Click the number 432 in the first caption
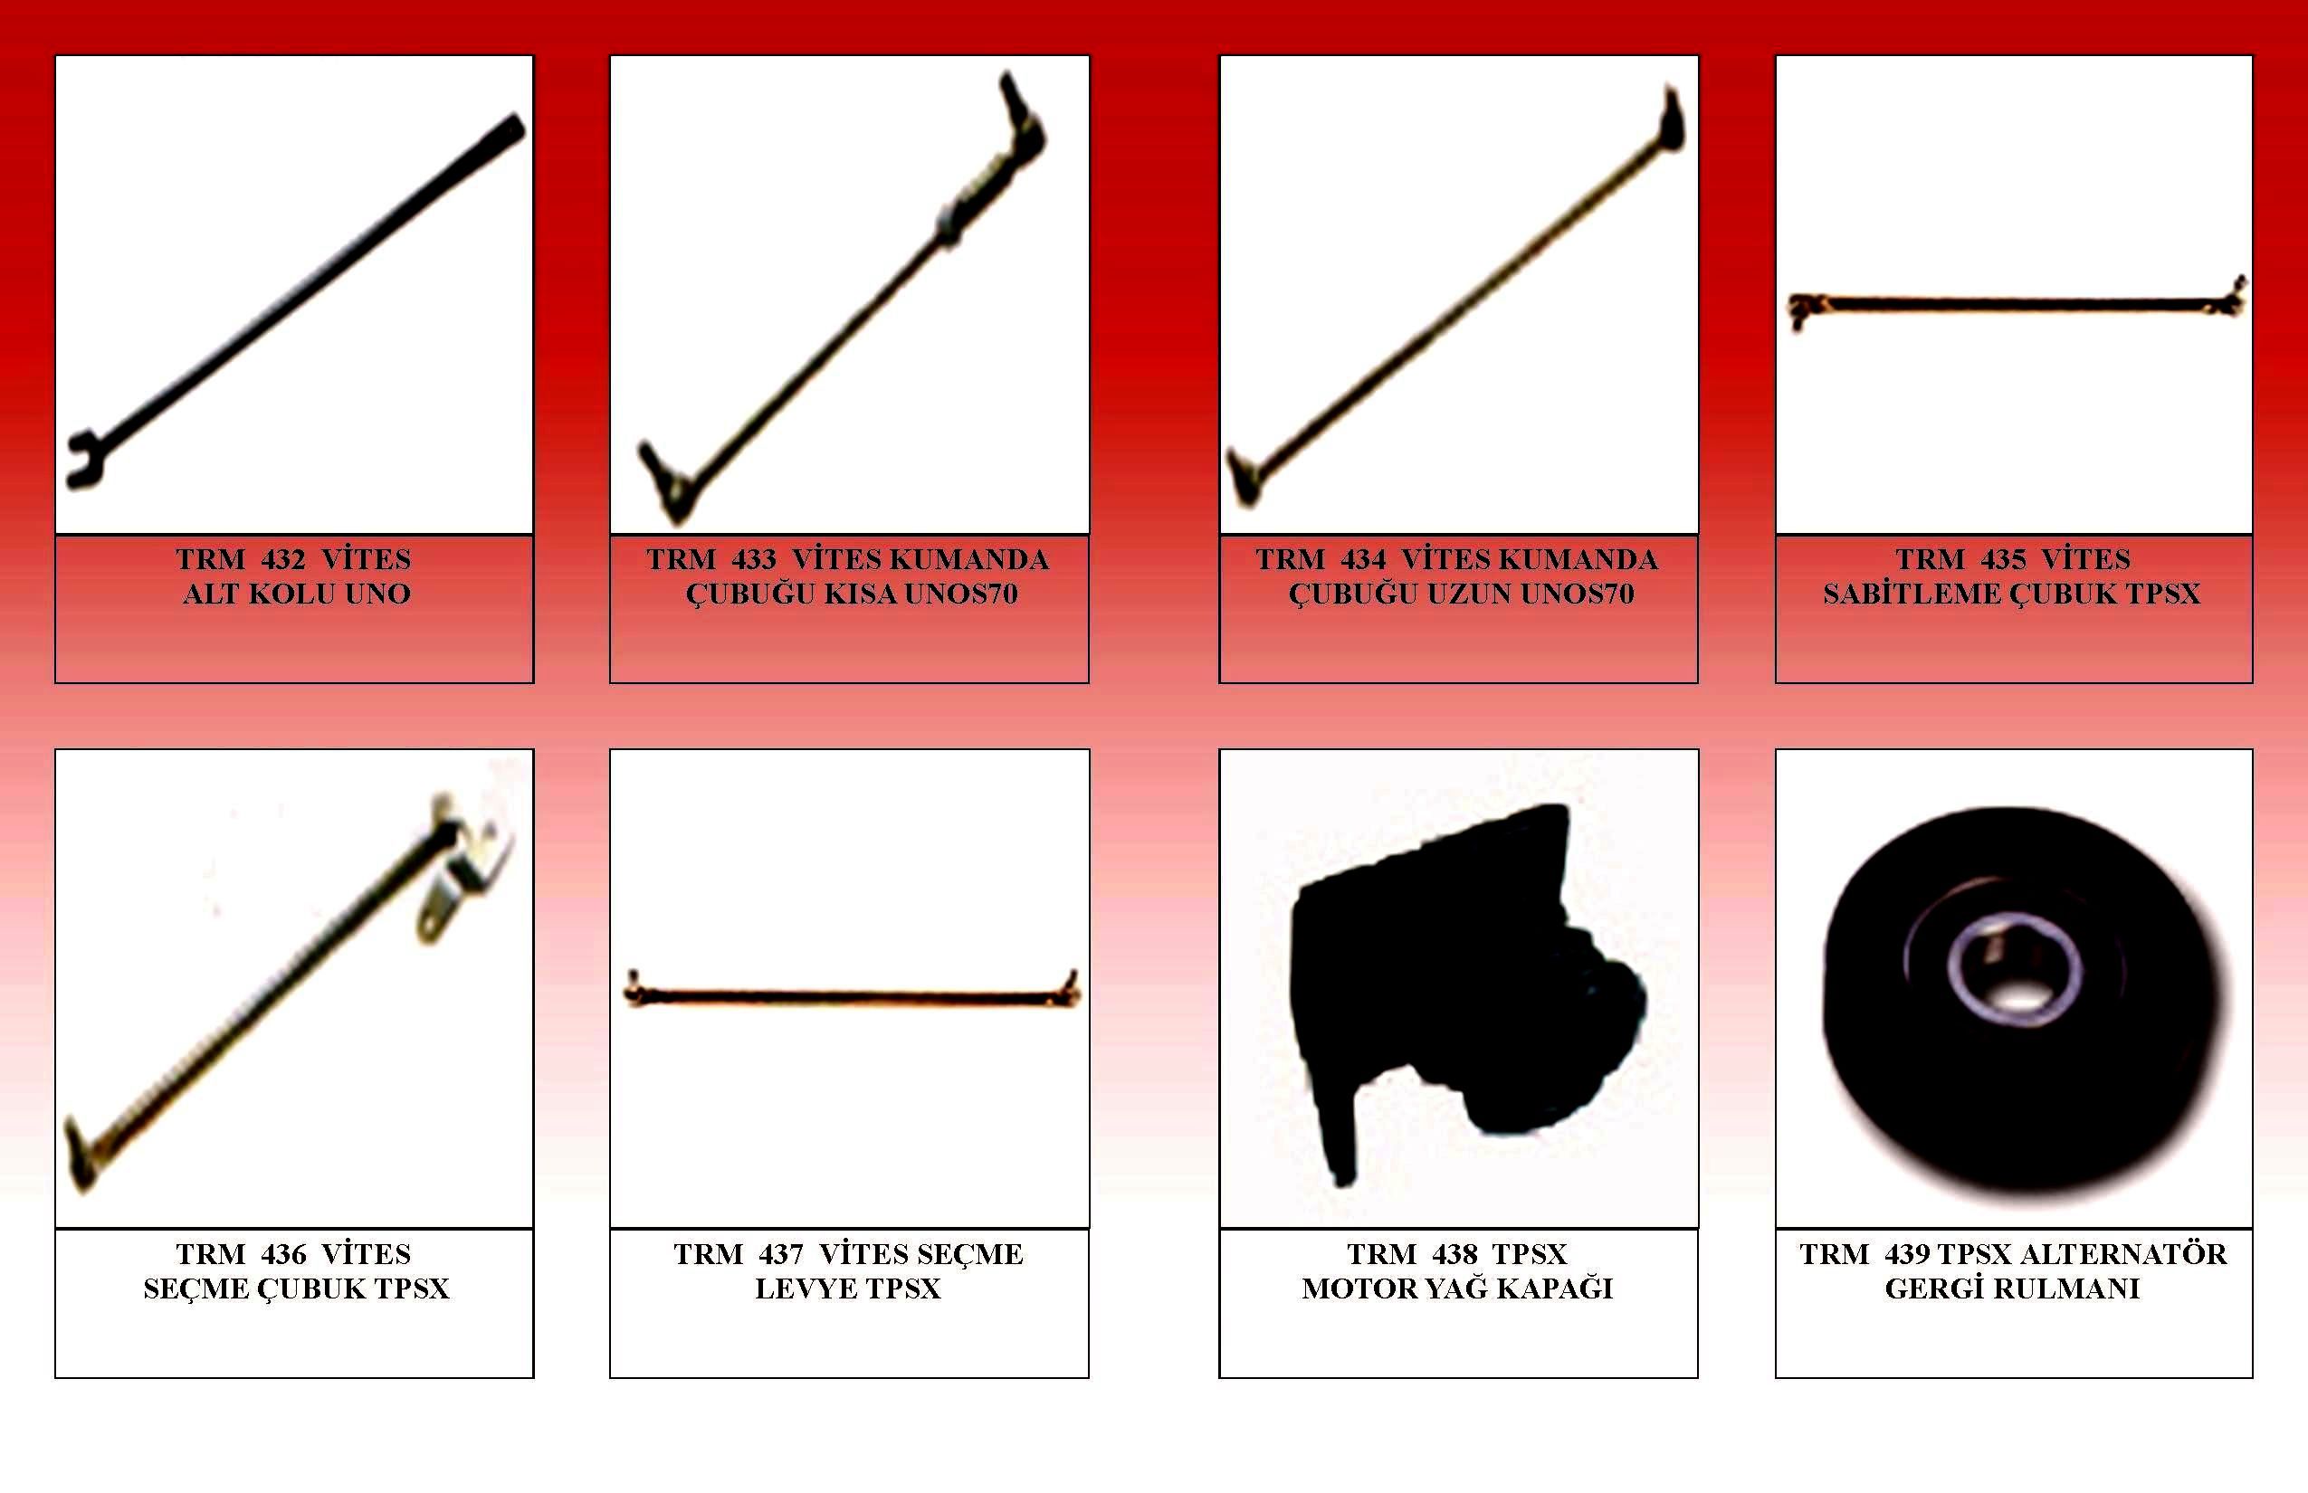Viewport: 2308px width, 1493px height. pyautogui.click(x=283, y=559)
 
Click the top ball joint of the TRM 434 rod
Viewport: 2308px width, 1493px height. pyautogui.click(x=1673, y=120)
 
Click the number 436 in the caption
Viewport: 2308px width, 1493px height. pyautogui.click(x=283, y=1254)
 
